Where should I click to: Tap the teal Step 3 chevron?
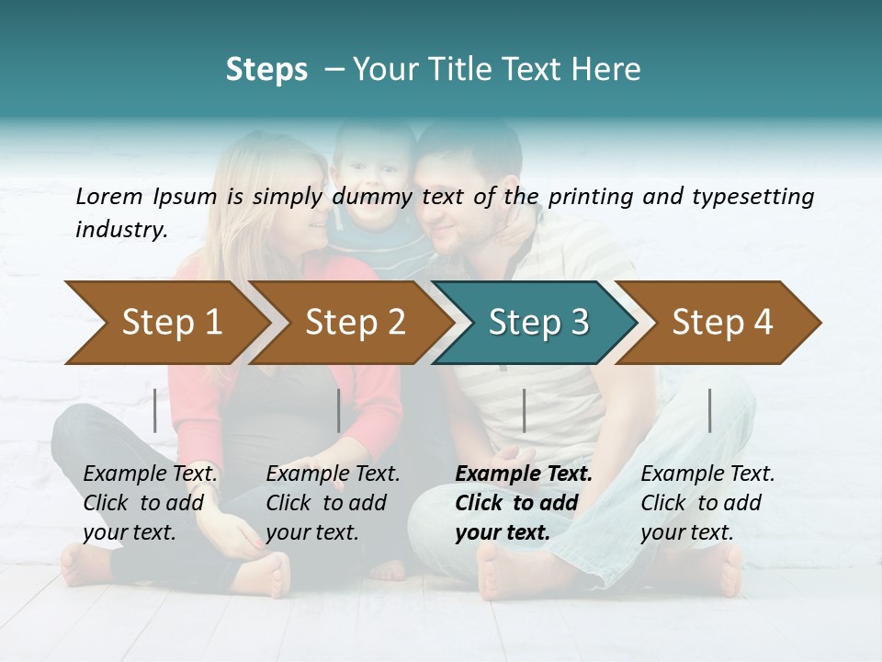tap(538, 323)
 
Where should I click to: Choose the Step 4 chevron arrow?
tap(722, 323)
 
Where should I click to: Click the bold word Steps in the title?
tap(266, 70)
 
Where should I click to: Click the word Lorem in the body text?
tap(109, 196)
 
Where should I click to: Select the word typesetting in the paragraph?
tap(746, 197)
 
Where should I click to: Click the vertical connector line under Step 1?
tap(155, 410)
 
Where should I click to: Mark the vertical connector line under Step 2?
tap(339, 410)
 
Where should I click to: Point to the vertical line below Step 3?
tap(524, 410)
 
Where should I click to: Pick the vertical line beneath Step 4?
tap(709, 410)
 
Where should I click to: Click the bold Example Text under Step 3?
tap(524, 474)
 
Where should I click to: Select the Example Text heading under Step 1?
tap(151, 474)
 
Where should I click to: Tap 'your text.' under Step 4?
tap(686, 532)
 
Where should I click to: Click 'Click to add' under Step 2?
tap(326, 503)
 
